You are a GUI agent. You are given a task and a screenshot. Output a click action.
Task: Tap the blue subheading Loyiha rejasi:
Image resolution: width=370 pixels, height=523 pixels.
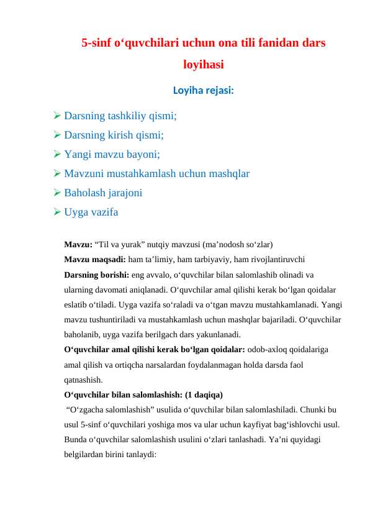tap(204, 90)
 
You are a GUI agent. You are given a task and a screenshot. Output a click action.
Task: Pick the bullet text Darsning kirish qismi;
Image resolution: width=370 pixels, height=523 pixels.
tap(114, 135)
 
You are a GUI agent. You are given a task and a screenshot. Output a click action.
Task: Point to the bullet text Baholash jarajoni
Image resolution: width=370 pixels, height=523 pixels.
tap(103, 193)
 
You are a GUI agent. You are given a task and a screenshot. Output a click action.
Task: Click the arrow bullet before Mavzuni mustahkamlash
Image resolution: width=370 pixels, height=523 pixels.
tap(56, 173)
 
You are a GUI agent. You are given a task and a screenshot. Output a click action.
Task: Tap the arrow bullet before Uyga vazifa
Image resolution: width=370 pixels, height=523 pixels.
tap(56, 212)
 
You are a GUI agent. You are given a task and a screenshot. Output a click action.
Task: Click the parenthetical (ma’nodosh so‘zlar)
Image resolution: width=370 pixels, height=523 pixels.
tap(239, 244)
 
